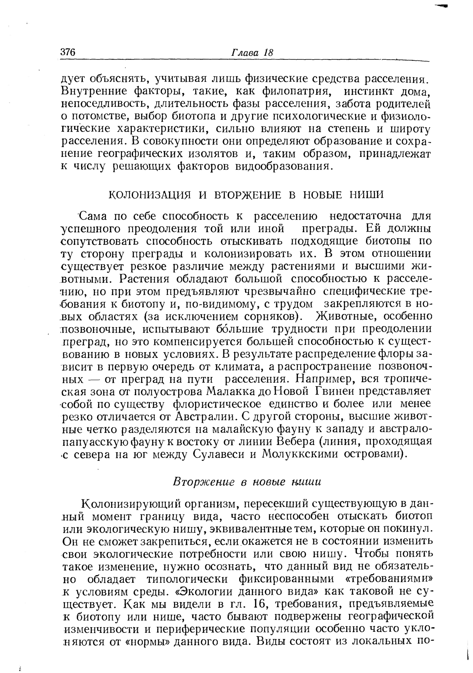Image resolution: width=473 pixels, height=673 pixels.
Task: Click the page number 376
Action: pos(68,52)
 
